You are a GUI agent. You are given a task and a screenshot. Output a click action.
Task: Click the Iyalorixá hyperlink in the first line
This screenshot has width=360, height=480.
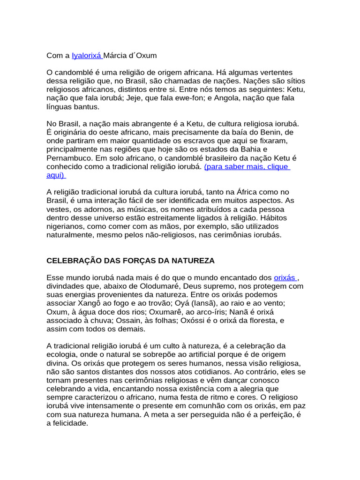[x=87, y=55]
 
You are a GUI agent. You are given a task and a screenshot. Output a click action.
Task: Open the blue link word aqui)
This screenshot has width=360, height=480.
[x=56, y=175]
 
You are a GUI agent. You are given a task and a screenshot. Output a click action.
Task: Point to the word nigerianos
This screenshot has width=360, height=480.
[x=66, y=226]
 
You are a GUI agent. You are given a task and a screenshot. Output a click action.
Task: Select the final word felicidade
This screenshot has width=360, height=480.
[x=70, y=423]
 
